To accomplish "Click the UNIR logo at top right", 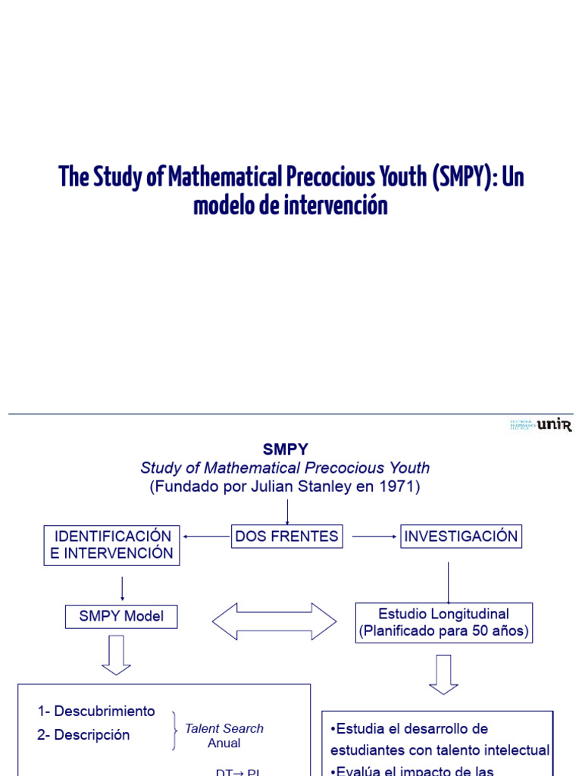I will tap(541, 425).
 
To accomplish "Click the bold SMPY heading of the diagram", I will tap(285, 449).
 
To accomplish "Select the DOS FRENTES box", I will tap(286, 537).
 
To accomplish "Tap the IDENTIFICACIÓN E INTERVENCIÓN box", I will tap(112, 545).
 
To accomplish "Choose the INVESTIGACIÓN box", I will tap(461, 537).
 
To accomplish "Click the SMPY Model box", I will tap(121, 616).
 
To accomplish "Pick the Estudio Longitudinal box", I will tap(443, 622).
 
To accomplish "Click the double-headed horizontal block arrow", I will tap(274, 621).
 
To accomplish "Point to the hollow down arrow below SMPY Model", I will tap(116, 656).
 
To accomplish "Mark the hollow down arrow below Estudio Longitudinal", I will tap(443, 674).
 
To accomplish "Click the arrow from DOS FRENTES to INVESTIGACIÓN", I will tap(374, 537).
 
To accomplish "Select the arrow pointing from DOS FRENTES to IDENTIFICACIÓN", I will tap(206, 537).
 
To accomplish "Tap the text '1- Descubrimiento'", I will tap(96, 712).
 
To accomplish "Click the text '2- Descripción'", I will tap(83, 735).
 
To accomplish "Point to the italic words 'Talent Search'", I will tap(224, 728).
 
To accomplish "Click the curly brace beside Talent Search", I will tap(175, 731).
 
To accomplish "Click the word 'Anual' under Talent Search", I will tap(224, 743).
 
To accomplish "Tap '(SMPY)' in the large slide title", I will tap(462, 177).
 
